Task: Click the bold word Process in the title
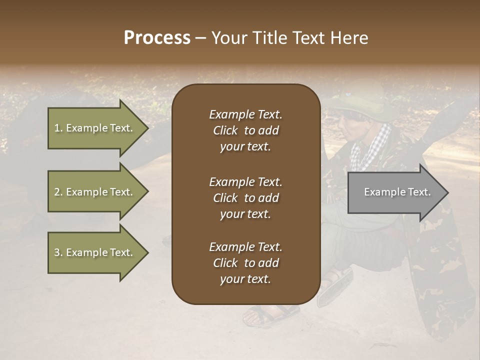pos(157,38)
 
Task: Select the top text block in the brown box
pos(245,130)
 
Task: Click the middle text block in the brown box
pos(245,198)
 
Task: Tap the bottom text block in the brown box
pos(245,263)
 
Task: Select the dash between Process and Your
pos(200,38)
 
